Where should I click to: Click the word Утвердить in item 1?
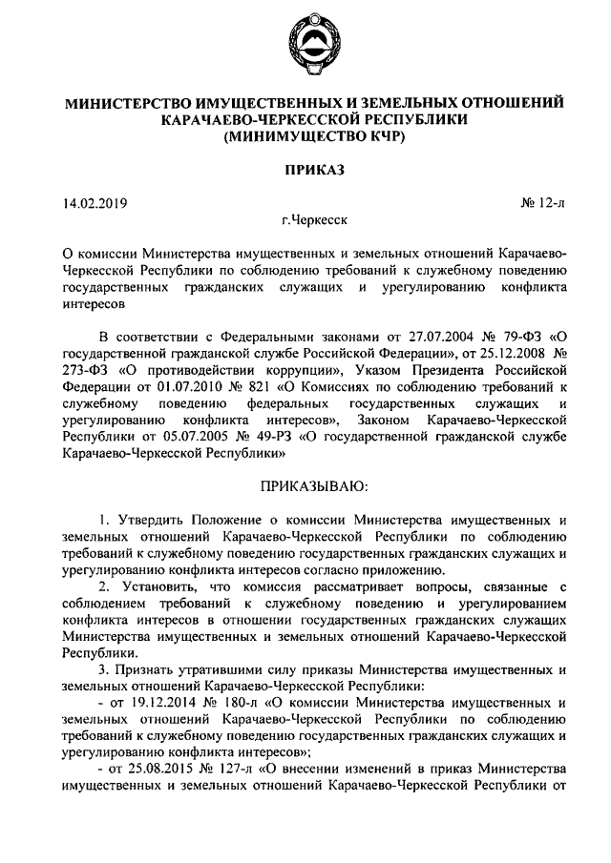point(152,521)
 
